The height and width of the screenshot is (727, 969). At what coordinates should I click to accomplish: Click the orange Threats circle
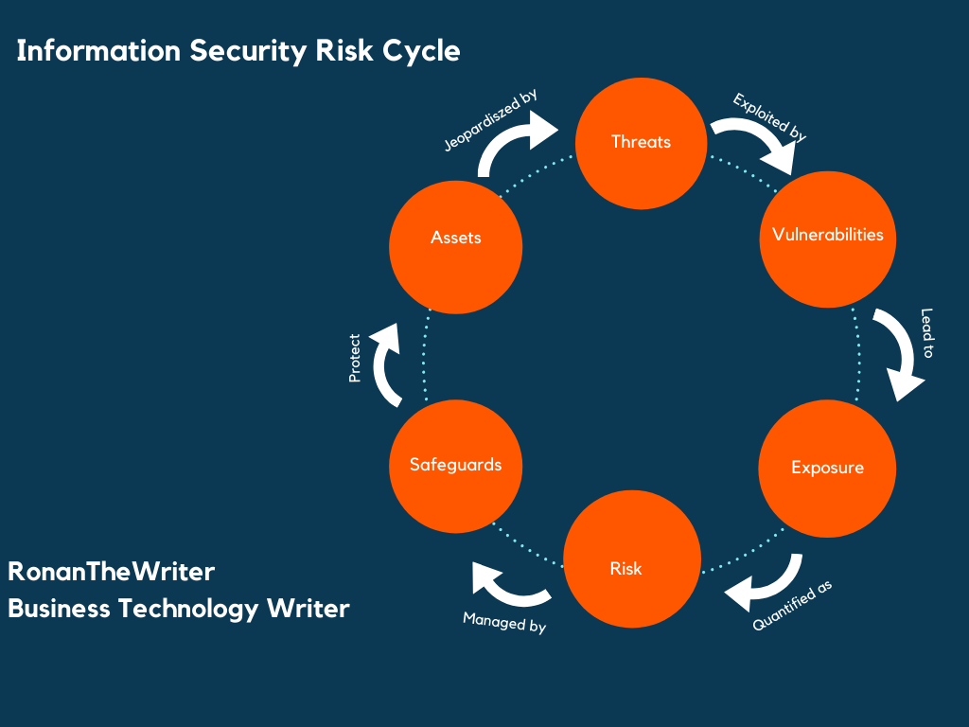642,142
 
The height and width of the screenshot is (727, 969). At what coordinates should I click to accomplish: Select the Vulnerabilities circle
827,237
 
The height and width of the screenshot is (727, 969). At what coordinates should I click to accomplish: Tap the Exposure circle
827,467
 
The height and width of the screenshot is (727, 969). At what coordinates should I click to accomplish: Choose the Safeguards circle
455,465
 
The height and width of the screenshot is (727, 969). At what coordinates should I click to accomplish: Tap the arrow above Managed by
507,586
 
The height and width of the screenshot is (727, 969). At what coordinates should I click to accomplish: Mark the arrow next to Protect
388,363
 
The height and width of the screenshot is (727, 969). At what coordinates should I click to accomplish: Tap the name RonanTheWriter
112,572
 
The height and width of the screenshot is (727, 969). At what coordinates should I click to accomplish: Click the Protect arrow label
355,358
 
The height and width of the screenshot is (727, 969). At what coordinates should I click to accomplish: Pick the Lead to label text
926,333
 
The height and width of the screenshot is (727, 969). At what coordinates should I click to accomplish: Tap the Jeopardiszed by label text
490,121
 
